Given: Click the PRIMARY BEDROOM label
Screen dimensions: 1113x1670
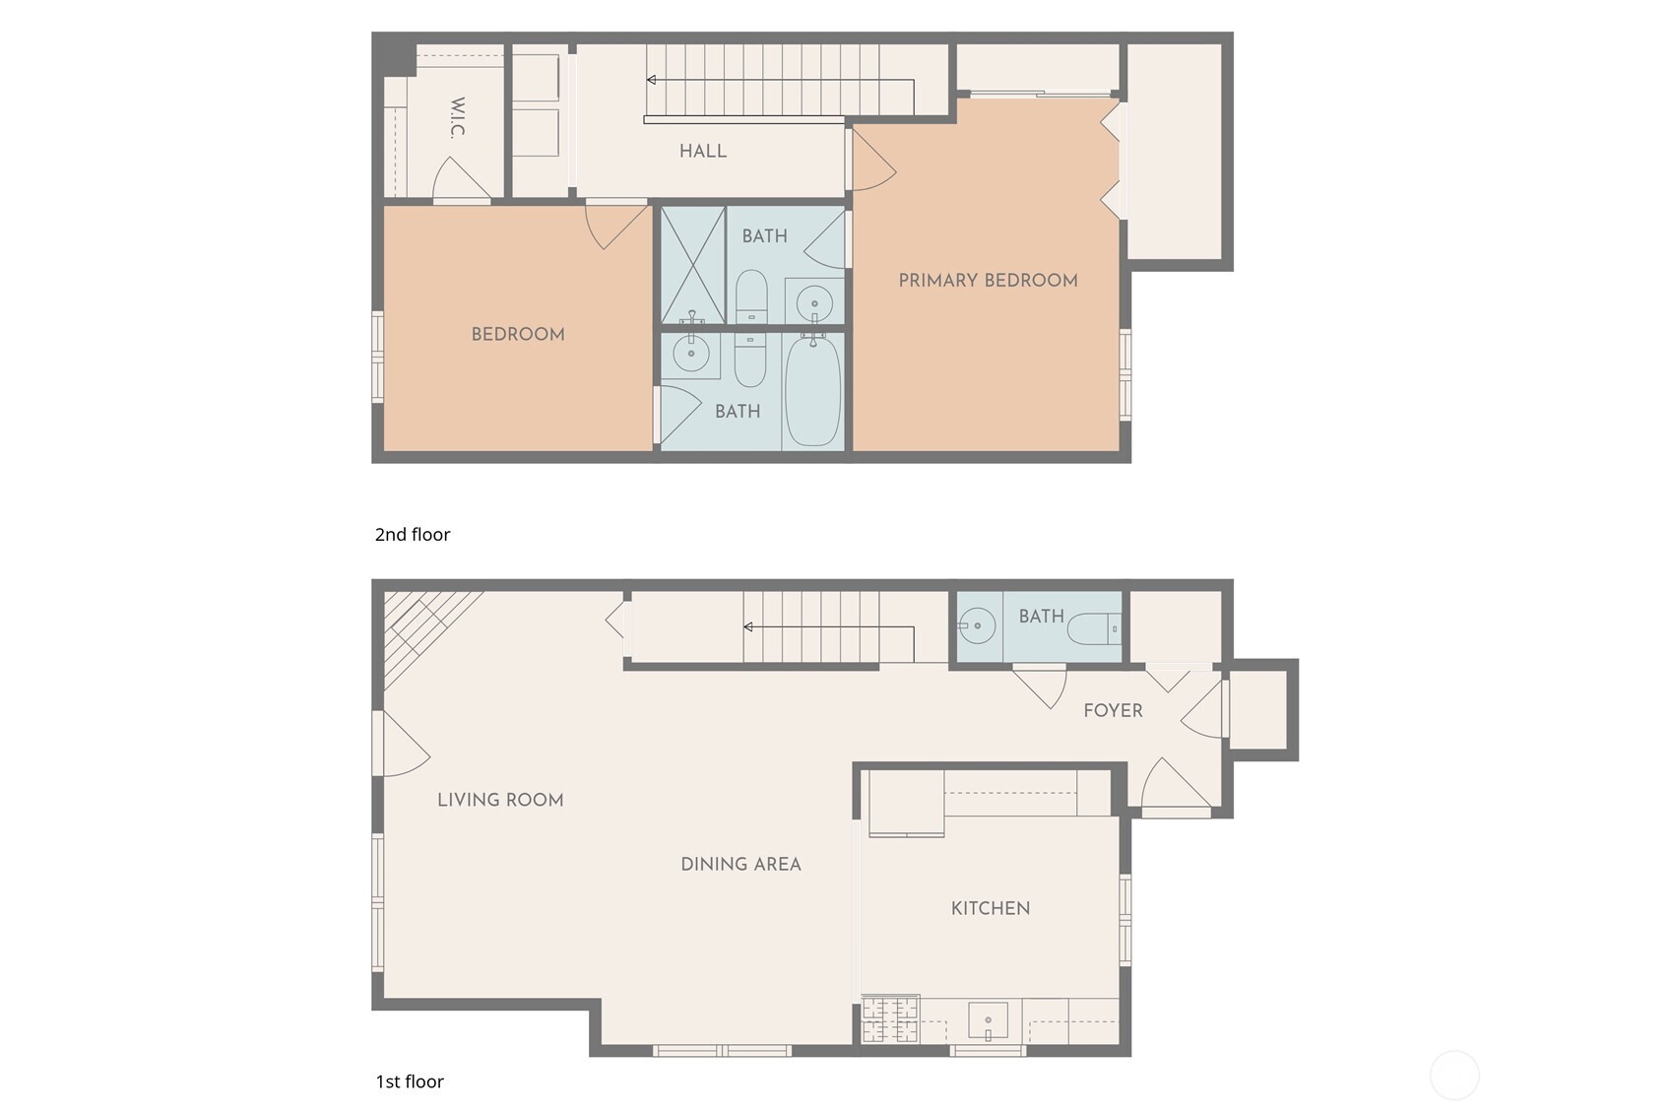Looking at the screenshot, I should point(988,281).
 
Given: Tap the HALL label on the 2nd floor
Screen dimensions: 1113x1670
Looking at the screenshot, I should point(703,152).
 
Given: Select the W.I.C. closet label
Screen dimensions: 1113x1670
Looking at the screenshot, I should point(457,118).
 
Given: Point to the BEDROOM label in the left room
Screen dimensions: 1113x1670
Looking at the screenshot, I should point(518,335).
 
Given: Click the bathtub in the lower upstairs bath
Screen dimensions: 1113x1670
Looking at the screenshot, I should point(813,392).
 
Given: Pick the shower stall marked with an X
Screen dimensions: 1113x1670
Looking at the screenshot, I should point(692,264).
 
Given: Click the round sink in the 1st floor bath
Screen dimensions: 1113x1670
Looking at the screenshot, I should point(977,625).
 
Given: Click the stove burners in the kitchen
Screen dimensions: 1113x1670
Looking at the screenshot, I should point(890,1019).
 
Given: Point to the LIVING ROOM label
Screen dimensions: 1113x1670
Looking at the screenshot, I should point(500,800).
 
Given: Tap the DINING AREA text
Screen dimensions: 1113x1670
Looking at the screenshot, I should point(740,865).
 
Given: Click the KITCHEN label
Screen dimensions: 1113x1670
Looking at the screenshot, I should point(991,908).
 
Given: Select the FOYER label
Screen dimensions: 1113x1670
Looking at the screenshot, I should point(1113,711).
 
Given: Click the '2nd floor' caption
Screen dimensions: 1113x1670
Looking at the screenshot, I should point(413,535).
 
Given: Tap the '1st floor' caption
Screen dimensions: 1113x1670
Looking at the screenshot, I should point(410,1081).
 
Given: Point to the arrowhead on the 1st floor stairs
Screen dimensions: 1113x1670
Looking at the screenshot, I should point(748,627).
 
